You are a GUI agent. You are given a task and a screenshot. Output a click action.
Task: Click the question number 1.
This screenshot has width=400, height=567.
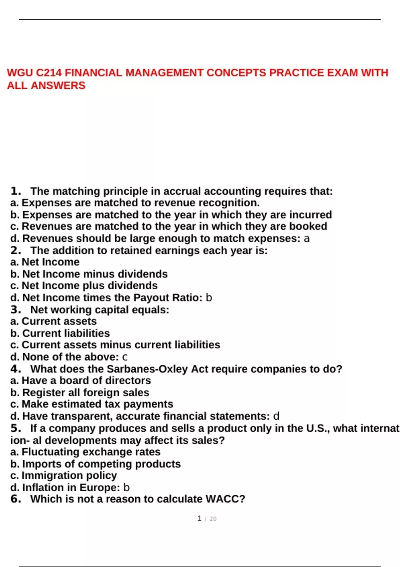coord(15,191)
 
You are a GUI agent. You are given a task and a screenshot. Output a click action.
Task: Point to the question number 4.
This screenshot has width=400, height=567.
coord(15,369)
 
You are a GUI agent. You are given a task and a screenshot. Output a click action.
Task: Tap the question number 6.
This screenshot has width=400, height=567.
coord(15,499)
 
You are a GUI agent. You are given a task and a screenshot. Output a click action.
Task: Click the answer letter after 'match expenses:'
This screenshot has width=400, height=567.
coord(307,239)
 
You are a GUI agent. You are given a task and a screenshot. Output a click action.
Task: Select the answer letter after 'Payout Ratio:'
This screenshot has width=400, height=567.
coord(209,298)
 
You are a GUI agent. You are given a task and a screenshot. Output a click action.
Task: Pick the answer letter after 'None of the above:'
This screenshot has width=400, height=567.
coord(125,357)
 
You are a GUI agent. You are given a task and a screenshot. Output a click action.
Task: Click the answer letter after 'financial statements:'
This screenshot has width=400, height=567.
coord(276,416)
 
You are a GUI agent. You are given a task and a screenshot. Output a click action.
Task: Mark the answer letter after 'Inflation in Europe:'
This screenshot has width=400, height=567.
coord(126,488)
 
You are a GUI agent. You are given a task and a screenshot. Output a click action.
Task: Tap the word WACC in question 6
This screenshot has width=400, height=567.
coord(225,499)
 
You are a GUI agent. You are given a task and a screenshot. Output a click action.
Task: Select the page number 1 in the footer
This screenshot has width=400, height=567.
coord(199,518)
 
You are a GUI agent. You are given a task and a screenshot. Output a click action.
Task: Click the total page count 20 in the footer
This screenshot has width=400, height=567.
coord(213,519)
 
